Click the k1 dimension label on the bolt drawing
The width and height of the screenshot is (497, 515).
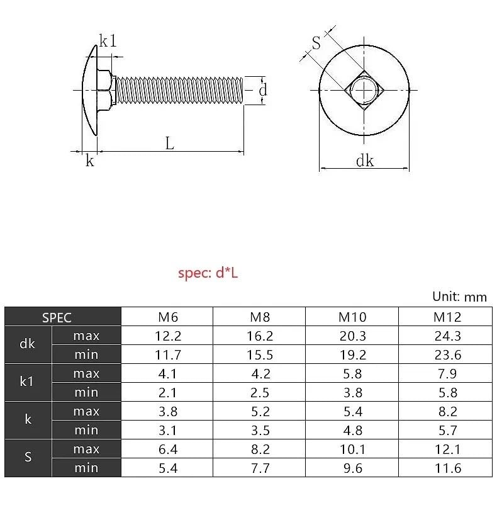[108, 42]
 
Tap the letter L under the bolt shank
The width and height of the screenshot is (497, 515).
[170, 143]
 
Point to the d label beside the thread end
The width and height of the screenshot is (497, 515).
[263, 90]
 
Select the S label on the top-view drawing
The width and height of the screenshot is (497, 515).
[316, 43]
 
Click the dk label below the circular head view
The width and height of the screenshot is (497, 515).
[365, 161]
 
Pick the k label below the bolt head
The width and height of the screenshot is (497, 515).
[90, 161]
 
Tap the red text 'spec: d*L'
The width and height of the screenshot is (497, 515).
[208, 273]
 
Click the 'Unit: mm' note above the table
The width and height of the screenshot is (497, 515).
[459, 297]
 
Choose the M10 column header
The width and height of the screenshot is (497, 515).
[352, 317]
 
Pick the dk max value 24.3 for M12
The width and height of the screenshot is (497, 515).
[447, 336]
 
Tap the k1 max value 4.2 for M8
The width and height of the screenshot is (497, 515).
[259, 374]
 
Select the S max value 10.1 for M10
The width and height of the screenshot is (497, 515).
[352, 450]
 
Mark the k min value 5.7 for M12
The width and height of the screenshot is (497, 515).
[447, 431]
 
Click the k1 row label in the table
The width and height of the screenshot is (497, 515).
[27, 383]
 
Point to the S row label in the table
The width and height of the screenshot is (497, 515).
[27, 458]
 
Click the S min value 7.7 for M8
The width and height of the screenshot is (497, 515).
[259, 468]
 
